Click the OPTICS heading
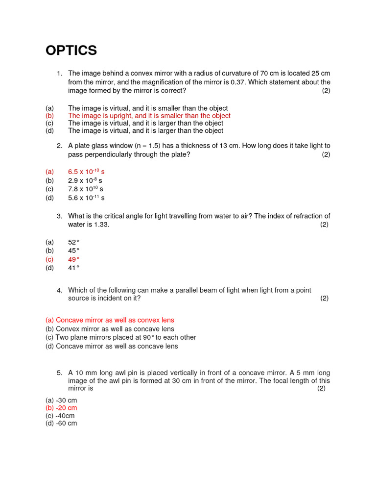click(71, 50)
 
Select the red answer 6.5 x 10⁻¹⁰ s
click(86, 172)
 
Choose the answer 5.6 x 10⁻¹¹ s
click(86, 198)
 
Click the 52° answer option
click(73, 242)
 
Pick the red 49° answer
click(73, 259)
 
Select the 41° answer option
click(73, 268)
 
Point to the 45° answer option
click(73, 251)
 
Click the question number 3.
click(59, 216)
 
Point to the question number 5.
click(59, 373)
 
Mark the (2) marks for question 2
click(326, 155)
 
